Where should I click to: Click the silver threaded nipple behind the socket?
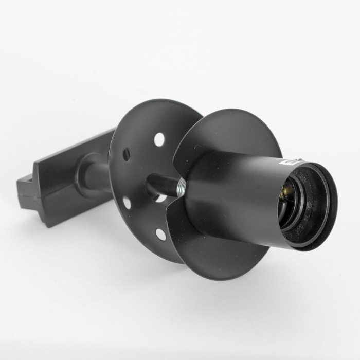pyautogui.click(x=181, y=187)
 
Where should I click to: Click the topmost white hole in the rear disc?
pyautogui.click(x=159, y=138)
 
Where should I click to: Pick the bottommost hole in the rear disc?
pyautogui.click(x=160, y=234)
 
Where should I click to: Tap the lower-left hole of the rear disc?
pyautogui.click(x=127, y=203)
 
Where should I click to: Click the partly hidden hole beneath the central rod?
pyautogui.click(x=161, y=198)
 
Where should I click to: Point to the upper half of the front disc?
pyautogui.click(x=231, y=131)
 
